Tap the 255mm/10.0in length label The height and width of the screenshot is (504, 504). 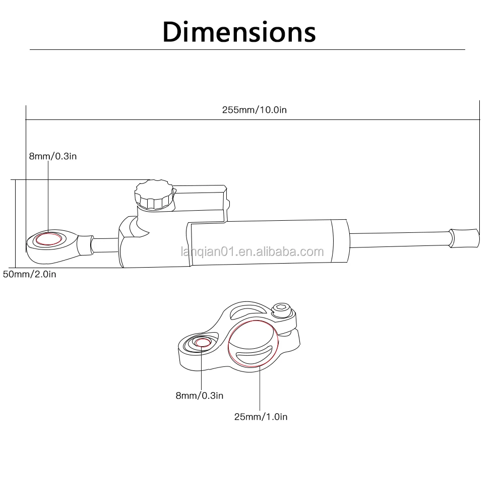[254, 110]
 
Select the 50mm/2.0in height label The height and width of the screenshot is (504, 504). [30, 275]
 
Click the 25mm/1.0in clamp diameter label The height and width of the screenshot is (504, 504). [261, 416]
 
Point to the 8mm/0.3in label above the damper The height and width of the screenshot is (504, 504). [53, 156]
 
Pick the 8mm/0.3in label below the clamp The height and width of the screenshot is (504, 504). [199, 396]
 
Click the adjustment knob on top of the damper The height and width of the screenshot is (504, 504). [154, 196]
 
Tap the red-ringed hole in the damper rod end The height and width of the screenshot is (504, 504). [48, 238]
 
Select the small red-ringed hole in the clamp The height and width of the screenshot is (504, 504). [203, 343]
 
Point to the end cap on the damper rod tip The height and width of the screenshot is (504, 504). [464, 237]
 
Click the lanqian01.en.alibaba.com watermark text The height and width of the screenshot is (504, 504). [252, 251]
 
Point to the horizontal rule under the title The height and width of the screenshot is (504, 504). [247, 50]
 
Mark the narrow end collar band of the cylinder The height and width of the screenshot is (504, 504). [339, 241]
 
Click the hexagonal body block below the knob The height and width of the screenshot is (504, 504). [134, 242]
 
